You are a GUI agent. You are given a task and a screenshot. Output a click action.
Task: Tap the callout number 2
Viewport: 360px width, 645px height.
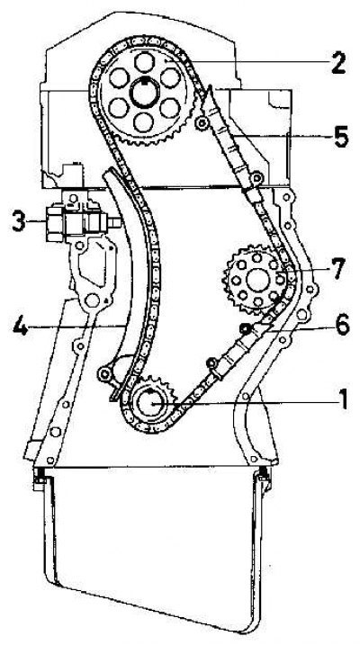click(338, 63)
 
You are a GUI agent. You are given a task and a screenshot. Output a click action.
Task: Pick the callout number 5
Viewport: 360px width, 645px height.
click(341, 137)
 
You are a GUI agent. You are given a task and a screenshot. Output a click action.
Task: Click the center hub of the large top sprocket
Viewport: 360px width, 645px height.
click(144, 92)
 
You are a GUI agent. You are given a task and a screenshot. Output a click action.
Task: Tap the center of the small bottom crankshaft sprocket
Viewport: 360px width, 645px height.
click(149, 402)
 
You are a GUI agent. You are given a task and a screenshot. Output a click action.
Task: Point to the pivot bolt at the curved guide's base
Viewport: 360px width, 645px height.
click(105, 374)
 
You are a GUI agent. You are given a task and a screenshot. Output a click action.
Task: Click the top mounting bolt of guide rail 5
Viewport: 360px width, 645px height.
click(202, 122)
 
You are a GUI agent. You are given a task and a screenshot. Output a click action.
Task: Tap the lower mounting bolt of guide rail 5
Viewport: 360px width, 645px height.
click(257, 178)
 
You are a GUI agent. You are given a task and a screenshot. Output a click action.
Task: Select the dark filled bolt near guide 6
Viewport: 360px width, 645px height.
click(246, 327)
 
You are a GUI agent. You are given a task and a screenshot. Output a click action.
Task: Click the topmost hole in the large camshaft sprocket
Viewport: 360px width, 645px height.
click(144, 62)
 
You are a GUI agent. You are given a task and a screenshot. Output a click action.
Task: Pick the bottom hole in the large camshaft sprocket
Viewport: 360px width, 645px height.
click(144, 121)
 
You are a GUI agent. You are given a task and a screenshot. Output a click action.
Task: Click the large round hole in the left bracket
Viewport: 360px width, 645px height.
click(92, 301)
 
